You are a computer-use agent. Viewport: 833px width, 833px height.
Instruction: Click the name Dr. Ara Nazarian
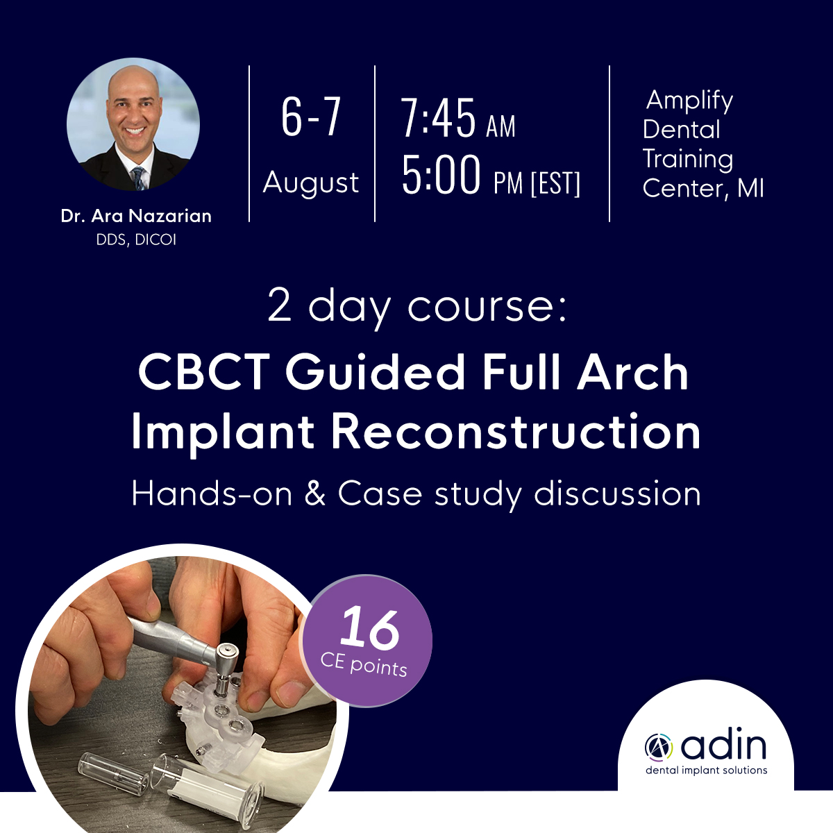(x=136, y=216)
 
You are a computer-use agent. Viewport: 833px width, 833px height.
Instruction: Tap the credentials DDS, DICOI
(x=136, y=240)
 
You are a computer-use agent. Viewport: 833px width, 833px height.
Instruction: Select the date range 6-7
(x=311, y=117)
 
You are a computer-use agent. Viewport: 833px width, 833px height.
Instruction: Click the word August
(x=311, y=183)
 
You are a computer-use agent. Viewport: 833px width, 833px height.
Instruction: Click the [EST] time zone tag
(x=555, y=184)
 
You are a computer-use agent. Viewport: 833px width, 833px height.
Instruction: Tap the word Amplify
(x=689, y=101)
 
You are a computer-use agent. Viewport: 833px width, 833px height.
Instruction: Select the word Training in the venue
(x=688, y=160)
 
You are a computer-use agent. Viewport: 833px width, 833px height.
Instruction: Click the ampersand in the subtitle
(x=314, y=494)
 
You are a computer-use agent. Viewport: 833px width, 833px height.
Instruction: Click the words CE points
(x=364, y=666)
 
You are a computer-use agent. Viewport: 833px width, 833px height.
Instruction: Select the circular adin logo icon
(x=658, y=746)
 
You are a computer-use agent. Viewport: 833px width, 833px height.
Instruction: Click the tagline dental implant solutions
(x=707, y=771)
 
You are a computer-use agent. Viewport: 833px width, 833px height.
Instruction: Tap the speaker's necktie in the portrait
(x=140, y=178)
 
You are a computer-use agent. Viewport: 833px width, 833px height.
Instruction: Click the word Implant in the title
(x=223, y=432)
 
